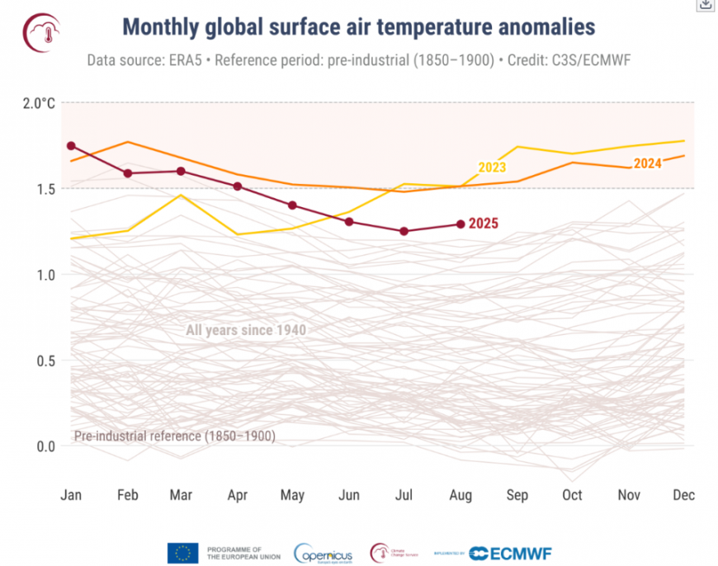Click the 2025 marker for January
(71, 146)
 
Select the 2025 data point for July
(404, 231)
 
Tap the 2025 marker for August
(461, 224)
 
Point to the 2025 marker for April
(238, 186)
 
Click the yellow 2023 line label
(492, 167)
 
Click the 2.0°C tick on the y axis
(39, 103)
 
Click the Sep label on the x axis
(517, 495)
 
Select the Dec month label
(683, 495)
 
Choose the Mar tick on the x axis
(182, 495)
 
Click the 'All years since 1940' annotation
(246, 331)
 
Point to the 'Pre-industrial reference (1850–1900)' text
(175, 436)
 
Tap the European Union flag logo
(182, 553)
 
